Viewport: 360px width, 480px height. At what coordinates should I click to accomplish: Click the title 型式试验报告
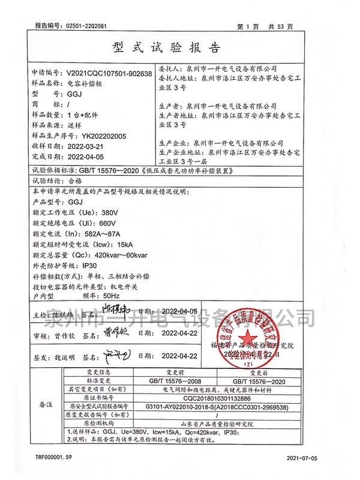pos(180,47)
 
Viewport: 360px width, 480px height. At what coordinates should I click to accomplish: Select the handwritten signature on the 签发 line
pos(112,356)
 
